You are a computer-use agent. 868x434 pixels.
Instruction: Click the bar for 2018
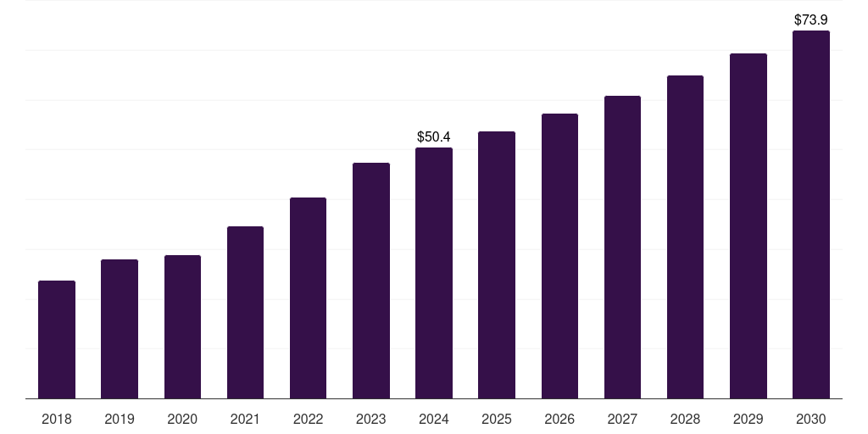pos(57,339)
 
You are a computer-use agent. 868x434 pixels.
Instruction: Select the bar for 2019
pos(120,329)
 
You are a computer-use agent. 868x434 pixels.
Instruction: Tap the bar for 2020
pos(182,326)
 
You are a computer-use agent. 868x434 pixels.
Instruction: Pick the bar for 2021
pos(245,312)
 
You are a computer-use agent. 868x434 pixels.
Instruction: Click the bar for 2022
pos(308,298)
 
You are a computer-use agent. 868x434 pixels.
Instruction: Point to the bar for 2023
pos(371,281)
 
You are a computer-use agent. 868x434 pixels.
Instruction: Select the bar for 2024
pos(434,273)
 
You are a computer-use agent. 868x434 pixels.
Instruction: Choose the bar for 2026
pos(559,256)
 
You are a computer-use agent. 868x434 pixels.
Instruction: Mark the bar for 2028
pos(685,236)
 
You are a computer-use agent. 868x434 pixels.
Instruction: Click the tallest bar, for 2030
pos(811,214)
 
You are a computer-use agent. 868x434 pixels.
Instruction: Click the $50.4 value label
pos(434,136)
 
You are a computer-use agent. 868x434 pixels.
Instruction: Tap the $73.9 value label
pos(811,19)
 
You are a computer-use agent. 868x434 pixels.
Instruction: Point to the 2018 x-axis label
pos(57,419)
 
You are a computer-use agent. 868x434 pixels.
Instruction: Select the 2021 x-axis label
pos(245,419)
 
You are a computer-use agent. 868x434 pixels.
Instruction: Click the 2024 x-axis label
pos(434,419)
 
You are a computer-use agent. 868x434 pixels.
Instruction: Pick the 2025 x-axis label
pos(497,419)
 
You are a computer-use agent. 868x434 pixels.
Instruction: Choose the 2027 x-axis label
pos(622,419)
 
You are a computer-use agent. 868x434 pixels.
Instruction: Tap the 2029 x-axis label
pos(748,419)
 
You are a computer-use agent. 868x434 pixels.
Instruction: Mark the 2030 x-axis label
pos(811,419)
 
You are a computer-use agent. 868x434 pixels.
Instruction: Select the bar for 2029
pos(748,225)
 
